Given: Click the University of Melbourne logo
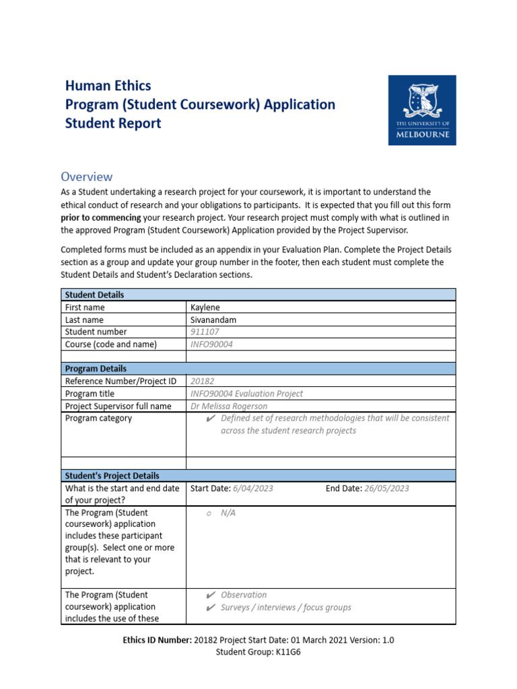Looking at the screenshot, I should pos(422,110).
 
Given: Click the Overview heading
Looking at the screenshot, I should pos(87,177).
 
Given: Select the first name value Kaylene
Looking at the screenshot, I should pos(205,307).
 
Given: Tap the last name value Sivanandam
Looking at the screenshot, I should pos(213,320).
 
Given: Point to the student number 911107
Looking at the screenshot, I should pos(205,332).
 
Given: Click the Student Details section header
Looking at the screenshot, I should pos(94,295).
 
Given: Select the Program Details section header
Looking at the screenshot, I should pos(96,369).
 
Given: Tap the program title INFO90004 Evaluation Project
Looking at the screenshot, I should pos(247,394).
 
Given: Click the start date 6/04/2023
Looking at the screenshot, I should pos(252,488).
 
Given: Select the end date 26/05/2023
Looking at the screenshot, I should pos(386,488).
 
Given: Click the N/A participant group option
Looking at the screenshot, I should pos(228,513).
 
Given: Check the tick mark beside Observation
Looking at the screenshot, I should pos(210,595).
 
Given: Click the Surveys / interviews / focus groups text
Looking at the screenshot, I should pos(285,607).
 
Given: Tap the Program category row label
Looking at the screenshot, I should pos(98,418).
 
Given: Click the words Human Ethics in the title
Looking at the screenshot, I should pos(108,85).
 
